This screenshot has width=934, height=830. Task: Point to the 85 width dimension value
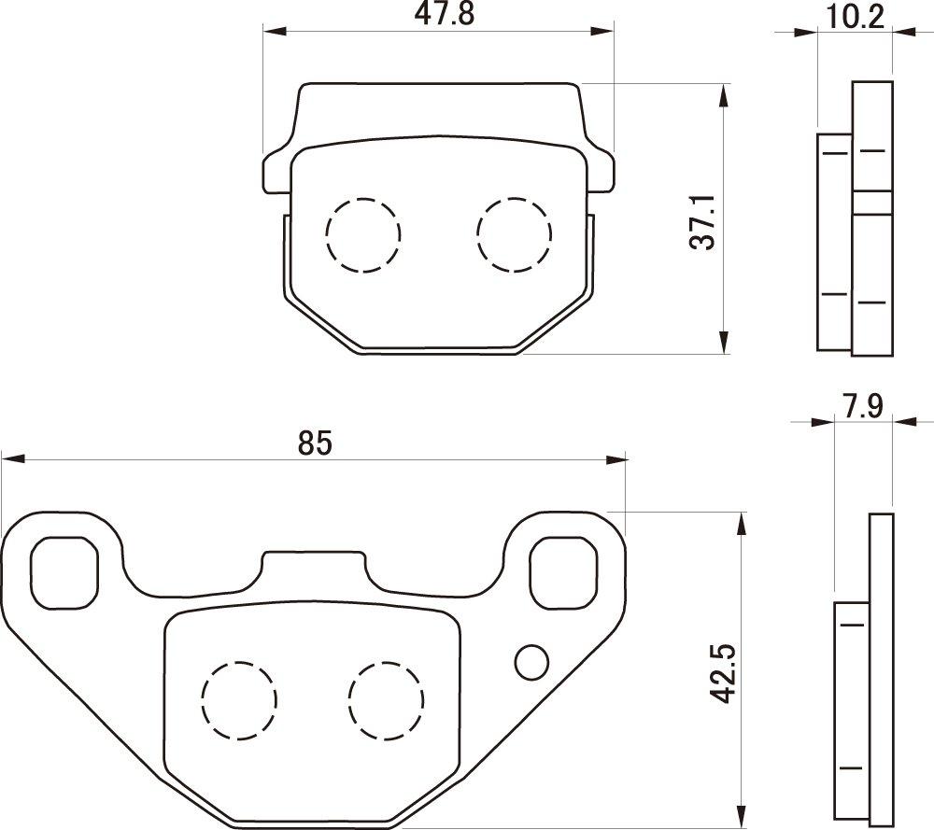point(315,443)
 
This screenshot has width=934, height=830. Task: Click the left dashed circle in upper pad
point(362,234)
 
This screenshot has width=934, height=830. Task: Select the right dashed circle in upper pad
point(513,234)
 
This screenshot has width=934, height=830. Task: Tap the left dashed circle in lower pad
point(240,698)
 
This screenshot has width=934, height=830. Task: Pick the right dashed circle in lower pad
point(386,698)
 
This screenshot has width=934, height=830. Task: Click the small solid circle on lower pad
point(531,662)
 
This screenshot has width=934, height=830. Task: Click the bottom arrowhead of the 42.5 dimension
point(743,819)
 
